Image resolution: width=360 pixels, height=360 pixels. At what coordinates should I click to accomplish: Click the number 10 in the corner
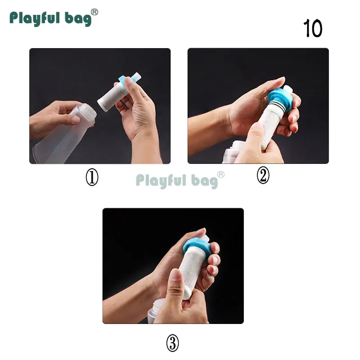313,28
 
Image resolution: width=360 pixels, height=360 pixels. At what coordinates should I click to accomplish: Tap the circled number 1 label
92,177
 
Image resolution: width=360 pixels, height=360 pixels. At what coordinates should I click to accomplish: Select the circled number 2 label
263,175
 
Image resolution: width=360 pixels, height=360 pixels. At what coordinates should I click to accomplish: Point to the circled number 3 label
172,343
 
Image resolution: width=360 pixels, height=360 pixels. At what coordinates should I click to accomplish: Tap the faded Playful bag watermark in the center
180,180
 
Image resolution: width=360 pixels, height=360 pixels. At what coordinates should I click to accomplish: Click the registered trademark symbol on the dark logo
94,12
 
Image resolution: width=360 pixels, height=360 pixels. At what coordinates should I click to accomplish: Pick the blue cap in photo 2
280,97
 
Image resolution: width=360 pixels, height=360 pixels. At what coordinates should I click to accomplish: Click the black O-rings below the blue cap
278,108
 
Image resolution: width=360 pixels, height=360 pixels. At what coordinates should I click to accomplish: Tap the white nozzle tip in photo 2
288,89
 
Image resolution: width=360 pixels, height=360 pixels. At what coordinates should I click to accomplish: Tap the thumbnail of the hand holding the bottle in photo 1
75,119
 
